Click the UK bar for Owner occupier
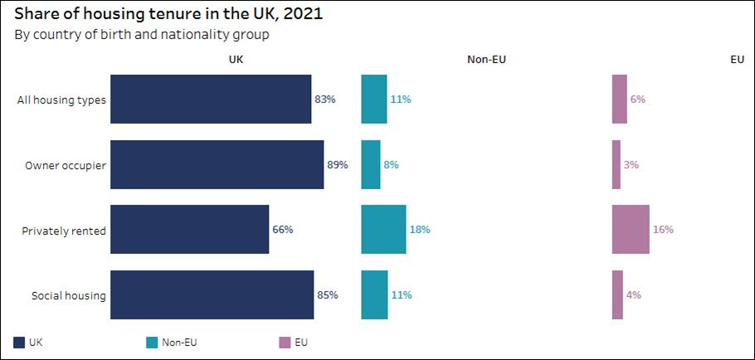click(x=217, y=164)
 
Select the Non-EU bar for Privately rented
click(x=384, y=230)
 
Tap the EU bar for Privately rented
click(x=631, y=230)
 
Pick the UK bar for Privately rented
click(x=190, y=230)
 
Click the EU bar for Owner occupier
click(x=616, y=164)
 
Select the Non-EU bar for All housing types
click(x=374, y=100)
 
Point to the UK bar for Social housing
click(x=212, y=294)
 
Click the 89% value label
click(x=338, y=164)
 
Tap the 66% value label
click(x=283, y=230)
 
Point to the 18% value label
click(x=420, y=230)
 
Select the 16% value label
click(x=663, y=230)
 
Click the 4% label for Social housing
click(x=634, y=295)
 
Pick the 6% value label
click(x=637, y=100)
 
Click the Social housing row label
click(x=68, y=295)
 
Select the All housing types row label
click(x=61, y=100)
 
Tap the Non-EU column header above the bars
click(x=486, y=60)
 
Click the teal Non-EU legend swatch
click(x=152, y=343)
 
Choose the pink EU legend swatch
click(x=285, y=343)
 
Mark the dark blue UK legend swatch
click(x=19, y=343)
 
